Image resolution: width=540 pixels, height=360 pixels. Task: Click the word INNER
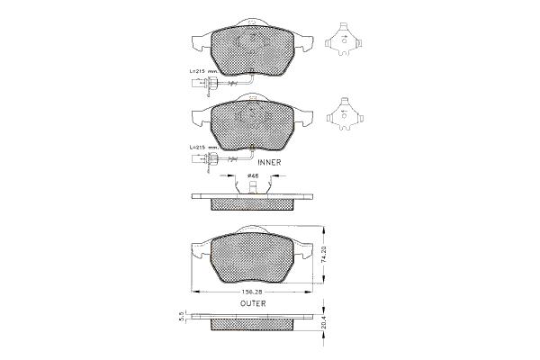[x=269, y=162]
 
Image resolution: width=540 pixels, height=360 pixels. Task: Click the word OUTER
[x=253, y=303]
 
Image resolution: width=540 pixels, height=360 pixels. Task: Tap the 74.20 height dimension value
[x=324, y=255]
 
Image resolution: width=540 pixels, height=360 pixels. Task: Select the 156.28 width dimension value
[x=252, y=292]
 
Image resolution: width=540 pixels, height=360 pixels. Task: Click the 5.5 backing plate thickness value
[x=182, y=317]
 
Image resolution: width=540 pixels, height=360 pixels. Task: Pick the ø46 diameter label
[x=253, y=175]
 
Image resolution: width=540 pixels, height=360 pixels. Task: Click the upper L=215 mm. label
[x=204, y=70]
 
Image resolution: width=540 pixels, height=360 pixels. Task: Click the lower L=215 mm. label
[x=204, y=147]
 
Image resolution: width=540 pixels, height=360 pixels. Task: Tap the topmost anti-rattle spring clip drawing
[x=343, y=40]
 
